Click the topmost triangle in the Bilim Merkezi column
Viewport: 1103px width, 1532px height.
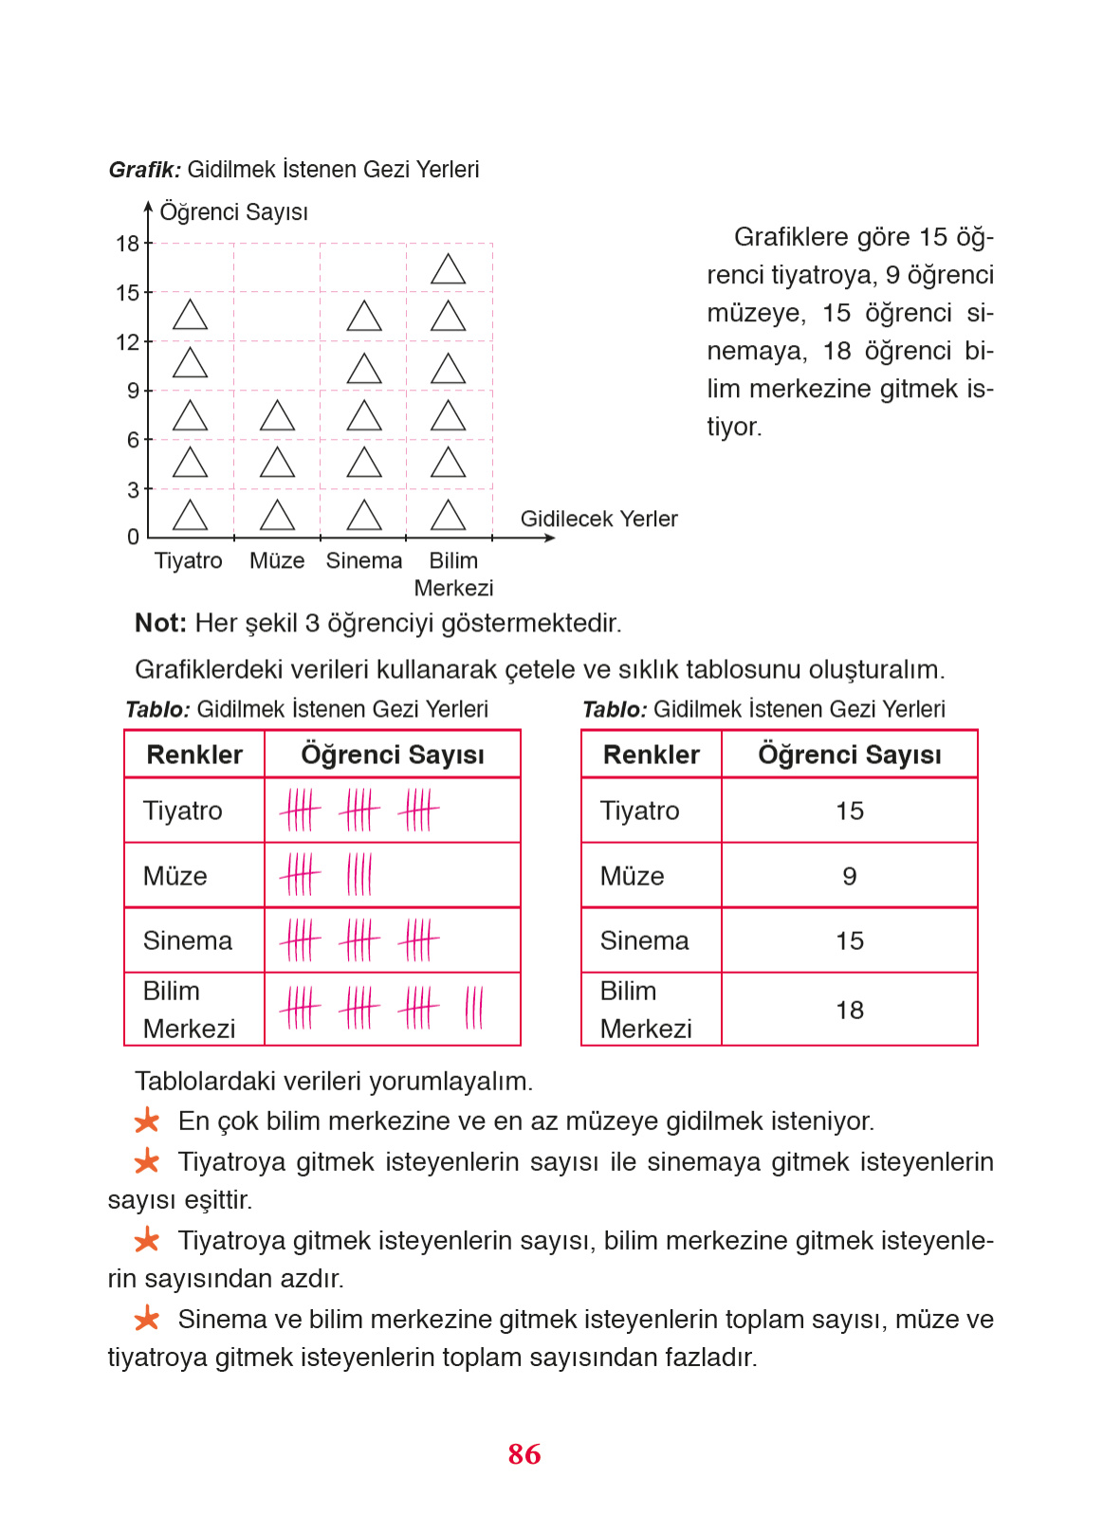pyautogui.click(x=448, y=270)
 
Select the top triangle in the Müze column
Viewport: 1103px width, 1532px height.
pyautogui.click(x=277, y=416)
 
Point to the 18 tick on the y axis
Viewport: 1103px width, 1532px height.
pyautogui.click(x=128, y=244)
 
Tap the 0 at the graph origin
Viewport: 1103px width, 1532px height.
pyautogui.click(x=133, y=537)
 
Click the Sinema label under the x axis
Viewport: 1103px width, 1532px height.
pyautogui.click(x=364, y=560)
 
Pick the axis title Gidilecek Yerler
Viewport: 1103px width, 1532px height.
pyautogui.click(x=598, y=519)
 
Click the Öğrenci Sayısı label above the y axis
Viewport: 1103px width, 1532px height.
pyautogui.click(x=233, y=211)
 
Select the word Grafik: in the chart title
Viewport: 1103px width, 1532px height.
pyautogui.click(x=144, y=170)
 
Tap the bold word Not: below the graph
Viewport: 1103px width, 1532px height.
pyautogui.click(x=160, y=623)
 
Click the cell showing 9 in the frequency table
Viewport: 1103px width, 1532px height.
pyautogui.click(x=849, y=876)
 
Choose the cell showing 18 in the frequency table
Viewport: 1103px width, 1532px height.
pyautogui.click(x=849, y=1010)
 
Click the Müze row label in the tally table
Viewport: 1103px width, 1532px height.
pyautogui.click(x=175, y=876)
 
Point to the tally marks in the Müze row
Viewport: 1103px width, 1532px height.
pyautogui.click(x=325, y=874)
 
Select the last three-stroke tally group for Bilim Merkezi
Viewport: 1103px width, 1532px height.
pyautogui.click(x=474, y=1008)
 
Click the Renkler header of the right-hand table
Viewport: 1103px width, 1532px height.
pyautogui.click(x=651, y=755)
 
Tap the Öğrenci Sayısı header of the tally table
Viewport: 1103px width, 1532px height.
pyautogui.click(x=392, y=755)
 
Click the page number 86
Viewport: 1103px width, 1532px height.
pyautogui.click(x=524, y=1453)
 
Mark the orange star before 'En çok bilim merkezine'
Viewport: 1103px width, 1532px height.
pyautogui.click(x=147, y=1122)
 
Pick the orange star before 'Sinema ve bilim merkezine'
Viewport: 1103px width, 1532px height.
pyautogui.click(x=147, y=1319)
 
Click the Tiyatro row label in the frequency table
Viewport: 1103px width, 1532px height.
pyautogui.click(x=640, y=811)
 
